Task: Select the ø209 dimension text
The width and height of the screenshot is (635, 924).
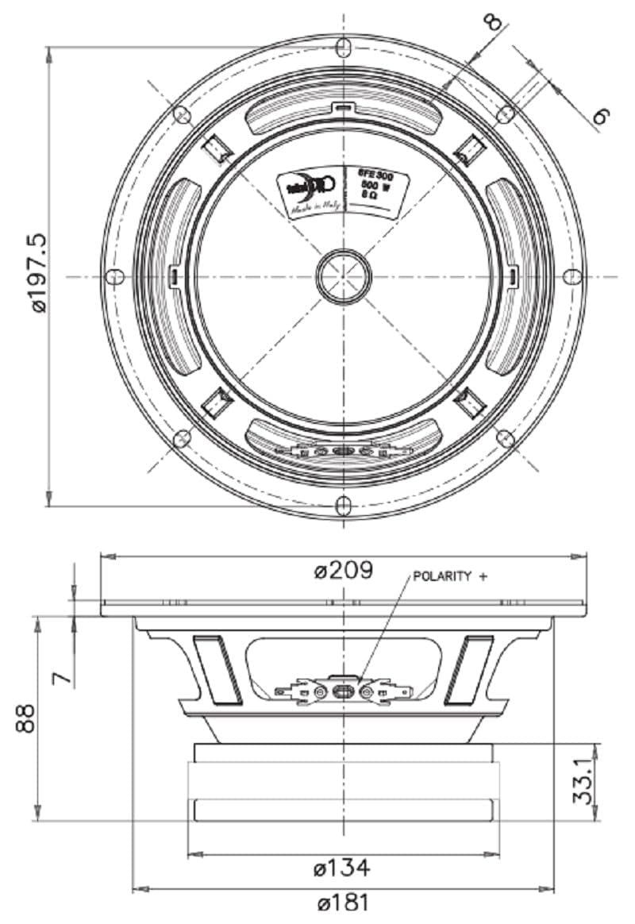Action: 344,571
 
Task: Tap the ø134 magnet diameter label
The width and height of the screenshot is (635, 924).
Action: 342,868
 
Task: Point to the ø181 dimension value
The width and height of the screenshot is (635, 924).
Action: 342,903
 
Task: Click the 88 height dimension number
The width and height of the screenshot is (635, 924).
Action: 27,718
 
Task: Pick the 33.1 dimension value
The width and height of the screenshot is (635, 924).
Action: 585,782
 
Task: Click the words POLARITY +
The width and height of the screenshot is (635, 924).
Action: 448,576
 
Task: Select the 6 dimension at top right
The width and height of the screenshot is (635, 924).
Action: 601,117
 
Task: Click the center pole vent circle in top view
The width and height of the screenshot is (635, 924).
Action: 344,276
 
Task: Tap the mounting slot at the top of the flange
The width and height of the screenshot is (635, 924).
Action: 343,47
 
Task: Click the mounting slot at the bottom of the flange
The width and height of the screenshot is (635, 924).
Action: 343,505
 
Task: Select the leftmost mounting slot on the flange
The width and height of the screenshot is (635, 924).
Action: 115,276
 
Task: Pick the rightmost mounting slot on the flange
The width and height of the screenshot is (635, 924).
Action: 572,276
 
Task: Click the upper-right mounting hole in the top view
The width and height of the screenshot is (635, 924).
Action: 505,114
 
